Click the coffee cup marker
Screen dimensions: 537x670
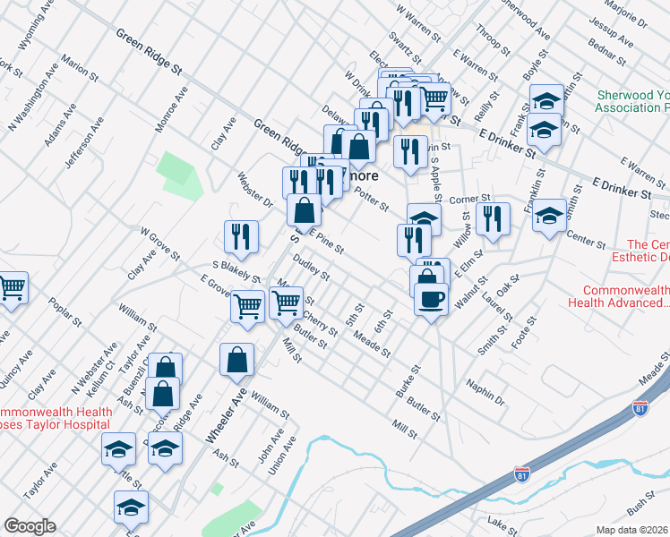tap(432, 299)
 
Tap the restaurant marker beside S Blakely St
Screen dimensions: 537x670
tap(241, 236)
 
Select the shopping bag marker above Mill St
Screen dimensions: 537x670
tap(236, 360)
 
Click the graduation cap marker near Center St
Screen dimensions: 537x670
tap(549, 216)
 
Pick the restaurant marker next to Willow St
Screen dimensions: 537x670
tap(493, 218)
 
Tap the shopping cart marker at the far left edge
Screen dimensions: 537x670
tap(10, 289)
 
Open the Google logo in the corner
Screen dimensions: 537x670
tap(30, 526)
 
